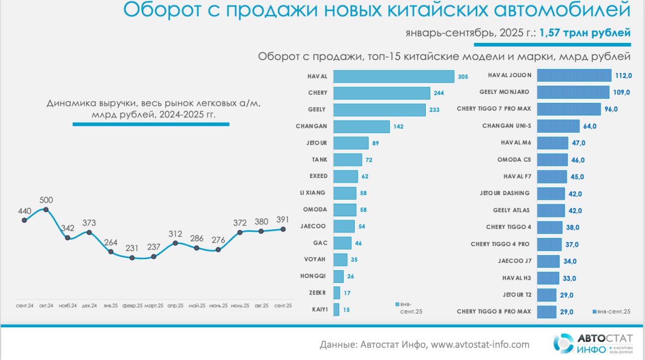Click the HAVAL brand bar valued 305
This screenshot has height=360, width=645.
tap(394, 76)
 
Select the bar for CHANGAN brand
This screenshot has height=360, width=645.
tap(361, 126)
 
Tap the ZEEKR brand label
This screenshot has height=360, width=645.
tap(318, 292)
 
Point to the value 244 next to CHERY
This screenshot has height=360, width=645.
tap(439, 93)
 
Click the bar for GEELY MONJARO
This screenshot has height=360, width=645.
tap(573, 92)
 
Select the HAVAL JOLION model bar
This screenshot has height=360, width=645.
tap(574, 76)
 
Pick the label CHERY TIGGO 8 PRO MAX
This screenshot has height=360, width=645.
tap(494, 312)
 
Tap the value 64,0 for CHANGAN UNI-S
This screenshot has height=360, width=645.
tap(590, 126)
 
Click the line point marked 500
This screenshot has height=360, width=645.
tap(46, 209)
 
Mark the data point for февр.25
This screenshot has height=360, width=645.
tap(132, 258)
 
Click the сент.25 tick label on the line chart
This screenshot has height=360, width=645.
tap(283, 306)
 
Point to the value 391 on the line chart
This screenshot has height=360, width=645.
tap(283, 219)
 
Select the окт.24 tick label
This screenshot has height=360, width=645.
tap(46, 306)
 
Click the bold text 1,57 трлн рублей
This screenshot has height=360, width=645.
tap(585, 33)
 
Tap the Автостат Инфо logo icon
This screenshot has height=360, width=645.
tap(563, 343)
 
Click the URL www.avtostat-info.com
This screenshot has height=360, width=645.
tap(480, 345)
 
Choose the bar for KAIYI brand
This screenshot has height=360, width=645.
tap(336, 310)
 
